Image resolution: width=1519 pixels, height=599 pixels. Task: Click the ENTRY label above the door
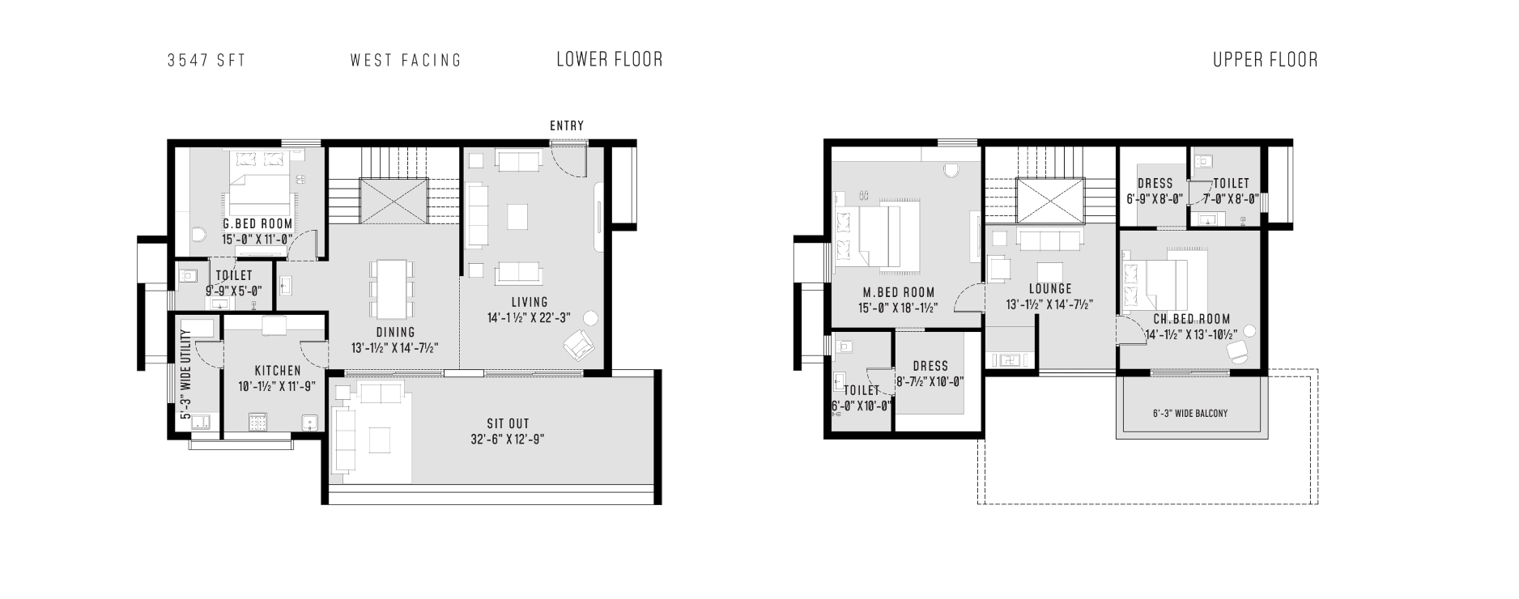tap(567, 125)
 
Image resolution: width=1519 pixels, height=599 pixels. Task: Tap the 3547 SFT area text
tap(206, 60)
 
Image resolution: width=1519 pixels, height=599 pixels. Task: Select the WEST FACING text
tap(406, 60)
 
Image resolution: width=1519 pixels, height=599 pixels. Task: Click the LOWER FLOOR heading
tap(609, 59)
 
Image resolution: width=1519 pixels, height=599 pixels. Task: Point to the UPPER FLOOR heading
tap(1265, 59)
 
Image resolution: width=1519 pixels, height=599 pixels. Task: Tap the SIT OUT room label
tap(508, 423)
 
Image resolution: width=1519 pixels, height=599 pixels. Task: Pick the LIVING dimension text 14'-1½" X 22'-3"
tap(529, 318)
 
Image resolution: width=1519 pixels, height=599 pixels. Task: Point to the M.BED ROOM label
tap(898, 292)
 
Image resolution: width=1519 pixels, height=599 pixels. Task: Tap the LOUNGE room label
tap(1050, 288)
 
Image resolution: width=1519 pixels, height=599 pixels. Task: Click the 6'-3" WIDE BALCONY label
tap(1190, 413)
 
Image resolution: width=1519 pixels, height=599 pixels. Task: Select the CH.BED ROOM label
tap(1192, 319)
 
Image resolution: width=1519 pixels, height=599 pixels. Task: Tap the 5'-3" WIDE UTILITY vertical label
tap(186, 374)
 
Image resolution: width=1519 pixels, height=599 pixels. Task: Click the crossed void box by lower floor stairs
tap(393, 201)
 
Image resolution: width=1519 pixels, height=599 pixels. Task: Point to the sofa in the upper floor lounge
tap(1050, 240)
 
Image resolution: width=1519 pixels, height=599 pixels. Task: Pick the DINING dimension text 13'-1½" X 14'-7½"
tap(395, 347)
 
